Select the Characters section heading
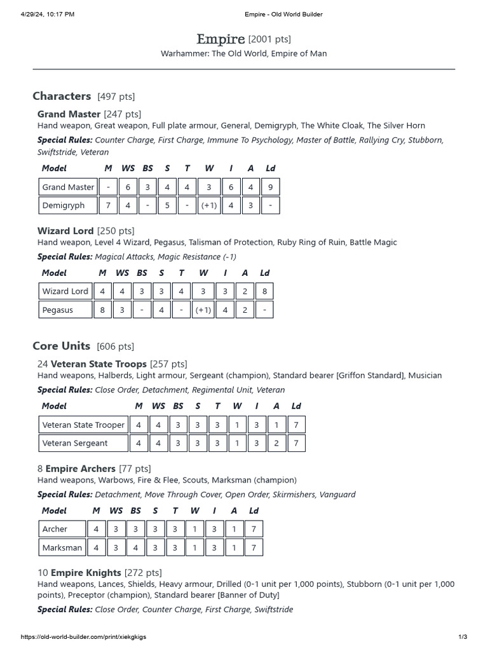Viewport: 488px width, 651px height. [62, 96]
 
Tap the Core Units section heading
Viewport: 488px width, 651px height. [61, 346]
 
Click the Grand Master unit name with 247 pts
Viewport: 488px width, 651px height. [69, 114]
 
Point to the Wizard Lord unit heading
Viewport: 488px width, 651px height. [65, 231]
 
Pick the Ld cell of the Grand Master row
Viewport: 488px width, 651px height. [271, 187]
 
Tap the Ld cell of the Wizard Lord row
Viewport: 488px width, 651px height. [264, 291]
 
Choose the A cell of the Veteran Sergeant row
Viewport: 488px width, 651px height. [276, 443]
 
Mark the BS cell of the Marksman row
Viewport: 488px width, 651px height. [136, 547]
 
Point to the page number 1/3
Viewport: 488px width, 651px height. [463, 636]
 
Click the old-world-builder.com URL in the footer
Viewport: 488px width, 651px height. [88, 636]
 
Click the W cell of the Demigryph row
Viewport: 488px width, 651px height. [209, 205]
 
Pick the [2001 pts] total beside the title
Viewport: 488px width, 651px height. [269, 39]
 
